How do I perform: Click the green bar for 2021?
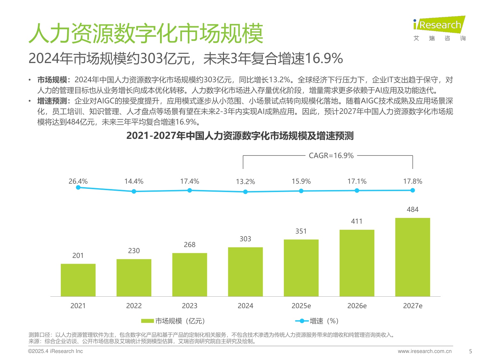click(78, 280)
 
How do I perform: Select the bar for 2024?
click(245, 272)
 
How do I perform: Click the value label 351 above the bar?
click(301, 231)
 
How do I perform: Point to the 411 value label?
click(356, 221)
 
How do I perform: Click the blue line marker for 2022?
click(134, 191)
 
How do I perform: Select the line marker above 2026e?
click(357, 190)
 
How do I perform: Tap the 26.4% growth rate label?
click(78, 181)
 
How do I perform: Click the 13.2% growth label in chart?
click(245, 181)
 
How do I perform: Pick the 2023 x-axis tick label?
click(189, 306)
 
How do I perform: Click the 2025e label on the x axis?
click(301, 306)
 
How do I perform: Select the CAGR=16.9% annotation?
click(331, 156)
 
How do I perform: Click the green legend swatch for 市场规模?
click(148, 321)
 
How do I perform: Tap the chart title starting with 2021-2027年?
click(240, 136)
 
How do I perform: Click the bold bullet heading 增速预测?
click(52, 101)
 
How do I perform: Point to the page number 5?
click(470, 351)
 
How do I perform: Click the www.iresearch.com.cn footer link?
click(425, 351)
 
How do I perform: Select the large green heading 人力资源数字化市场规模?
click(146, 33)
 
